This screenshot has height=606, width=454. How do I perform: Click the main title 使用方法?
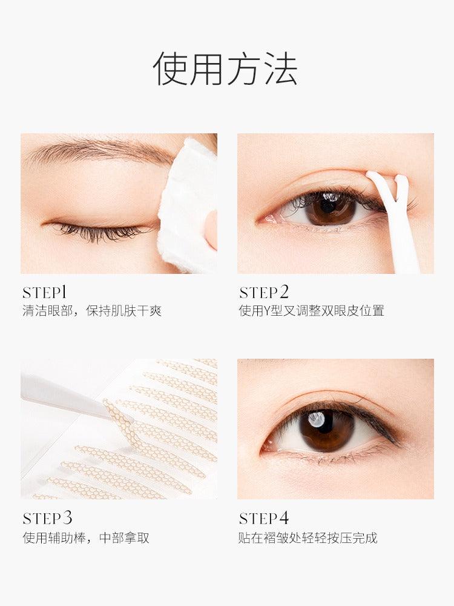pyautogui.click(x=225, y=68)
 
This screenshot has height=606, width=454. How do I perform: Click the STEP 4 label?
pyautogui.click(x=264, y=518)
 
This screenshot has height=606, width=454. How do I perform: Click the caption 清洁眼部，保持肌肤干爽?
pyautogui.click(x=92, y=311)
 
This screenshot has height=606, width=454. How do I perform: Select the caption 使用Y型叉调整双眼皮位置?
pyautogui.click(x=311, y=311)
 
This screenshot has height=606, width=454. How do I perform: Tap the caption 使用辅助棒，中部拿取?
pyautogui.click(x=85, y=538)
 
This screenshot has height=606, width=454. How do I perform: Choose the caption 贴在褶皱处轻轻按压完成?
pyautogui.click(x=308, y=538)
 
